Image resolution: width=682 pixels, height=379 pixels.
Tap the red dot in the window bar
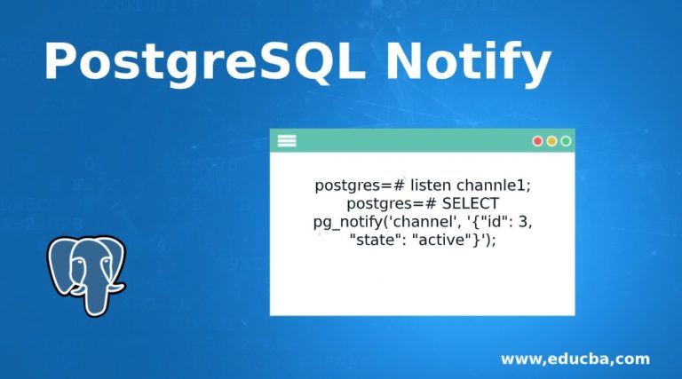coord(537,141)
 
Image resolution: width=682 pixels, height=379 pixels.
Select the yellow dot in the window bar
coord(551,141)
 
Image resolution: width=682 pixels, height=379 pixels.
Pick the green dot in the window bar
coord(566,141)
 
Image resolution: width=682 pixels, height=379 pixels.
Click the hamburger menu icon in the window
coord(287,140)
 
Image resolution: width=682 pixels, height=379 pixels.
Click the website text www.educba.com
coord(575,359)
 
